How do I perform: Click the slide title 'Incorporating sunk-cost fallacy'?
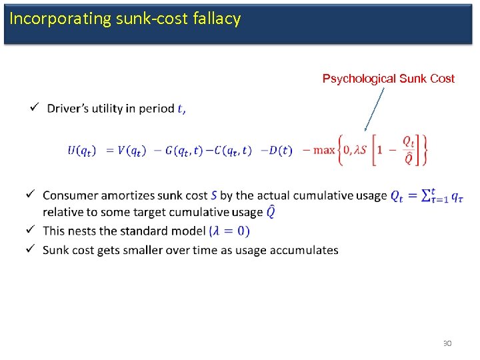(x=125, y=19)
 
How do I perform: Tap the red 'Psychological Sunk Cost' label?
(x=388, y=79)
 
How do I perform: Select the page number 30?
(x=447, y=343)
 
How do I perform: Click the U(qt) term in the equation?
(x=81, y=150)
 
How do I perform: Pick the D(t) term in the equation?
(x=280, y=150)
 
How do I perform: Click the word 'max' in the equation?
(x=324, y=150)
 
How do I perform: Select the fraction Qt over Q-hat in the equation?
(x=409, y=150)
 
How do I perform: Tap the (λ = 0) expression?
(x=229, y=231)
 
